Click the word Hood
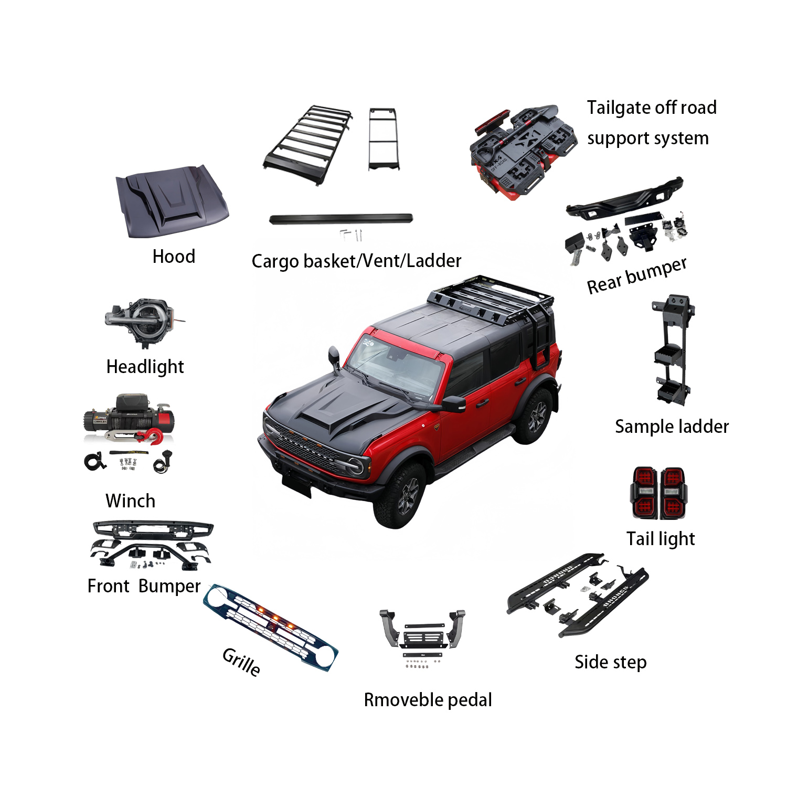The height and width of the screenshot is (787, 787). [x=174, y=256]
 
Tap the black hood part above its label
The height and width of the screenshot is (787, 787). [x=172, y=201]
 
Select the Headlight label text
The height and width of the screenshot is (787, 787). [x=145, y=367]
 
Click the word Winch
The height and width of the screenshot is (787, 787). [x=130, y=501]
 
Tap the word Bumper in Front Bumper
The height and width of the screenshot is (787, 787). [x=170, y=586]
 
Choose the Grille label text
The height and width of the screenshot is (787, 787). [x=241, y=662]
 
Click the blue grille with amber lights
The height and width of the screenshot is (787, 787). [x=271, y=628]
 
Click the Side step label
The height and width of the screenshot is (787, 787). [x=610, y=662]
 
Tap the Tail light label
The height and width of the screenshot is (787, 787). [x=661, y=539]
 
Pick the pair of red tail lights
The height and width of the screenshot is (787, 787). [x=658, y=493]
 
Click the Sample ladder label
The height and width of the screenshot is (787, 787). [x=672, y=427]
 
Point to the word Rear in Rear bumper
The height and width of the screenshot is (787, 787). [x=604, y=284]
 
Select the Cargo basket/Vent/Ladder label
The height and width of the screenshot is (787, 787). [x=356, y=261]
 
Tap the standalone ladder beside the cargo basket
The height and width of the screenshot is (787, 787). [x=384, y=139]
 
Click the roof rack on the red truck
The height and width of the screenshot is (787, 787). [x=491, y=300]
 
